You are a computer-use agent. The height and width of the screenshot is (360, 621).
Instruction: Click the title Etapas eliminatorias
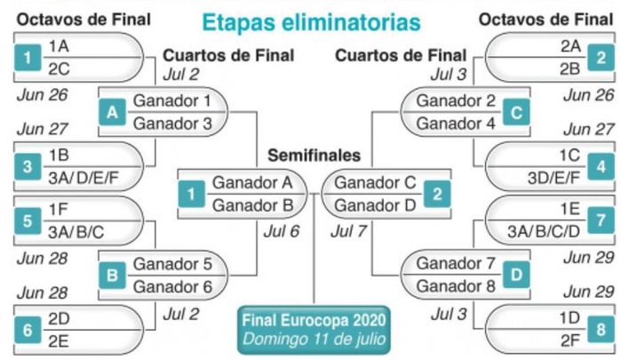tap(311, 22)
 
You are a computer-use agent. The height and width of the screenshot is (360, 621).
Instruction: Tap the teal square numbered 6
tap(28, 330)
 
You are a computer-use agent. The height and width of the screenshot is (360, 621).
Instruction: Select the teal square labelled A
tap(112, 112)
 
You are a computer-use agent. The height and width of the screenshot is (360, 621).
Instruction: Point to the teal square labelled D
tap(516, 275)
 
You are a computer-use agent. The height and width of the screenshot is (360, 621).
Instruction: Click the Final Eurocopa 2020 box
tap(314, 330)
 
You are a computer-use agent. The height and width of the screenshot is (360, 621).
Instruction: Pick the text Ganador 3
tap(172, 124)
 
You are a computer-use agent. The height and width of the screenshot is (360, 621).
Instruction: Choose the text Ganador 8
tap(456, 286)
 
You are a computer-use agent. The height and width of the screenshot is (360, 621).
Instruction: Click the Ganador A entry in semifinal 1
tap(252, 183)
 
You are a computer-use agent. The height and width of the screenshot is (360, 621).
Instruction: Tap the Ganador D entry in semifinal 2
tap(375, 205)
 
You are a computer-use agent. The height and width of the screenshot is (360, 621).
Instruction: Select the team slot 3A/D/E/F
tap(84, 178)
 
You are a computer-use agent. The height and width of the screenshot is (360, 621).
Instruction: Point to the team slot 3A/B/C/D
tap(544, 231)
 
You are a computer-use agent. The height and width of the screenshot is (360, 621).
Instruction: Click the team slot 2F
tap(569, 340)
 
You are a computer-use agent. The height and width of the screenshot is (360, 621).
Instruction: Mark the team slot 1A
tap(59, 46)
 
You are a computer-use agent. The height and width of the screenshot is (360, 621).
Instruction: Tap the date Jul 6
tap(282, 231)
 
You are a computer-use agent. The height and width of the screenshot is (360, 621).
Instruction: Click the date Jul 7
tap(348, 231)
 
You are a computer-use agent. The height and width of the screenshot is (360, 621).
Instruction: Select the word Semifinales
tap(314, 155)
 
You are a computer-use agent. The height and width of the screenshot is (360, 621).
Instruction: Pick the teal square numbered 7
tap(601, 220)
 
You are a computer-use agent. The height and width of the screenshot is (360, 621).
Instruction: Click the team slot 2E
tap(59, 341)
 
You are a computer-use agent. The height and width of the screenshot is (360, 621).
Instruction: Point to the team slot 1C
tap(569, 156)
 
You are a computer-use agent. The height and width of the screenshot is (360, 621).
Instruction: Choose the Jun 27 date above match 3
tap(43, 129)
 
